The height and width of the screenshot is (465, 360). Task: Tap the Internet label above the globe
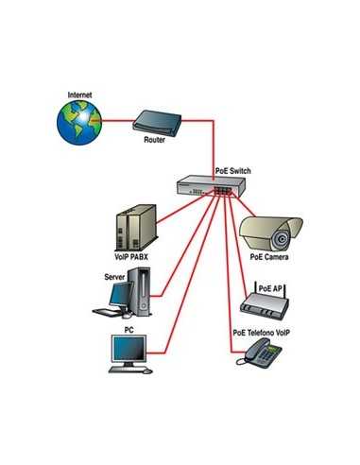click(x=80, y=95)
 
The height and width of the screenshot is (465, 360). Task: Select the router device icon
click(x=155, y=121)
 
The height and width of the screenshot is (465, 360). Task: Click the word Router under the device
click(x=155, y=140)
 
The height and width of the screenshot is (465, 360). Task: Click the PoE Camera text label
click(x=269, y=256)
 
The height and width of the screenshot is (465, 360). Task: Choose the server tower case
click(x=141, y=290)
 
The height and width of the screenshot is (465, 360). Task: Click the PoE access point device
click(x=266, y=302)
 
